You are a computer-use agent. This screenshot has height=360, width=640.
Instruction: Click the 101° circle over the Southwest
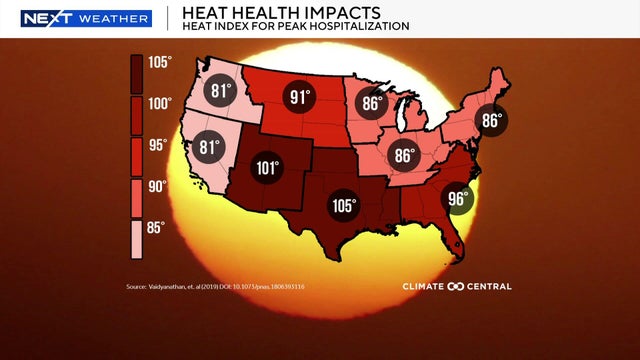(x=266, y=168)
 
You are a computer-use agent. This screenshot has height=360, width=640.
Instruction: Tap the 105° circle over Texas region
(x=343, y=206)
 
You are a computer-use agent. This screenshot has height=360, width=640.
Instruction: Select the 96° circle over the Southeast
(x=457, y=198)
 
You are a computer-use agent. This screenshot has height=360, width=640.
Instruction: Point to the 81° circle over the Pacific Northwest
(x=221, y=92)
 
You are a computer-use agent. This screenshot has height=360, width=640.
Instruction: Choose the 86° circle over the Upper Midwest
(x=373, y=103)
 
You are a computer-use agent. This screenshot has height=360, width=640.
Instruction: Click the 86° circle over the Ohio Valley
(x=404, y=156)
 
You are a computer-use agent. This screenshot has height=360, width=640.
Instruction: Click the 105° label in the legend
(x=161, y=61)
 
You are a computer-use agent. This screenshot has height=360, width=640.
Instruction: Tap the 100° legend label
(x=161, y=103)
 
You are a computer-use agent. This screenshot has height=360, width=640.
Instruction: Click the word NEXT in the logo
(x=42, y=18)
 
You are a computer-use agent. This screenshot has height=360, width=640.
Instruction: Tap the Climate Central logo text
(x=457, y=287)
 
